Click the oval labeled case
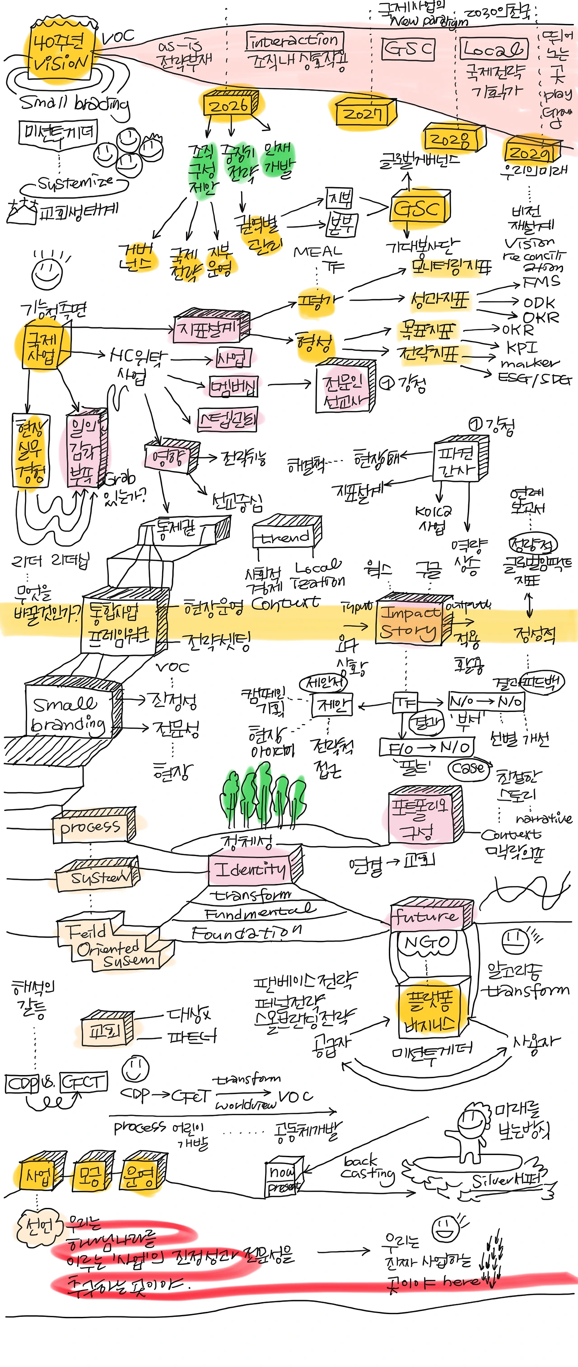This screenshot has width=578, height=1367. click(x=468, y=768)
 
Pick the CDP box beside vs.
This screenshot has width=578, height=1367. click(x=21, y=1083)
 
